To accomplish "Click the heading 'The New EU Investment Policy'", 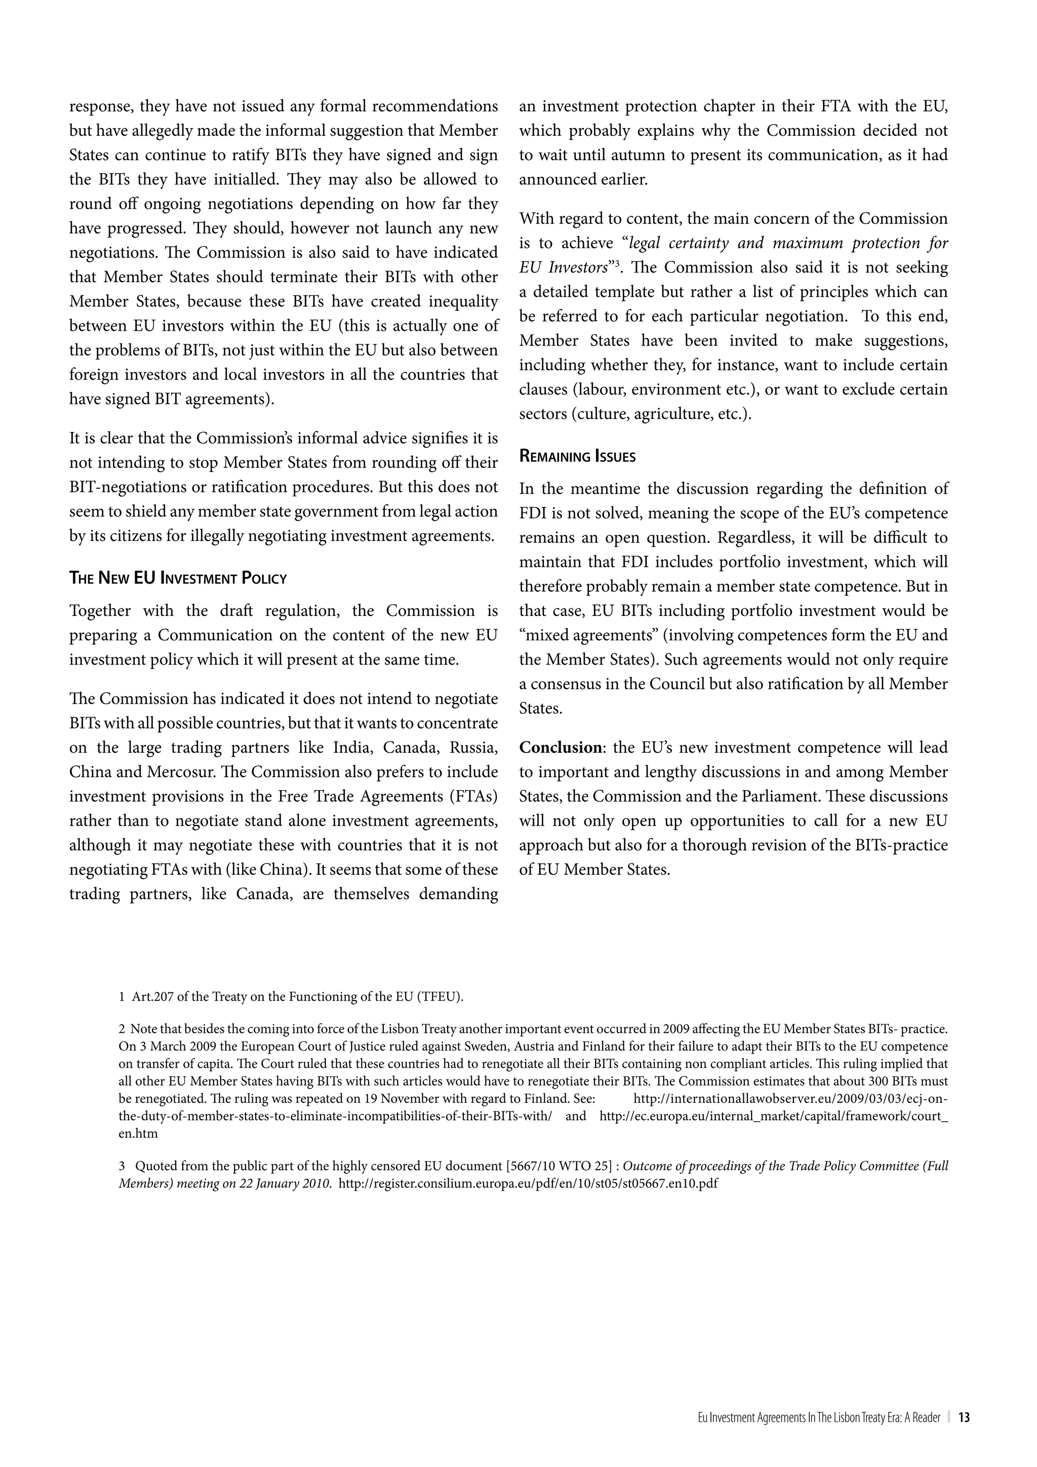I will pos(178,578).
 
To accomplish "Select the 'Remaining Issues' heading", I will pos(577,456).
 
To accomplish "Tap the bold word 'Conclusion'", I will pos(560,748).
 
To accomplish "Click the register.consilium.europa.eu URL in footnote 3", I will pos(528,1183).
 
